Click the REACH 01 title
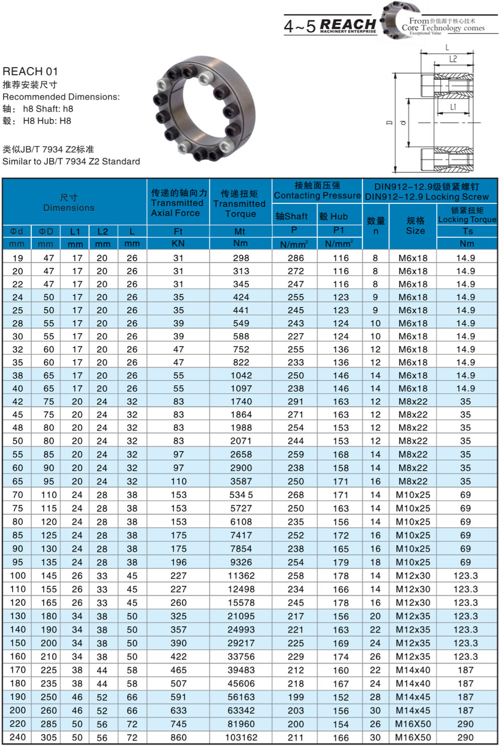(x=30, y=71)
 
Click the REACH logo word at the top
(x=348, y=24)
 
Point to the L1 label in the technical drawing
(x=453, y=106)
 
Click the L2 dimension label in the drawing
(x=453, y=59)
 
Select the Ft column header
(x=178, y=232)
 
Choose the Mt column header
(x=240, y=232)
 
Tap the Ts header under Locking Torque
(x=467, y=231)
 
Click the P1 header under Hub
(x=339, y=230)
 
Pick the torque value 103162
(x=241, y=737)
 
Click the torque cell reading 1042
(x=241, y=375)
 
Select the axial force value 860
(x=178, y=737)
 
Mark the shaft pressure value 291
(x=295, y=401)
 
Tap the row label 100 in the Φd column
(x=18, y=576)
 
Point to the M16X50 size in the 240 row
(x=413, y=737)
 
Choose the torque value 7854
(x=241, y=549)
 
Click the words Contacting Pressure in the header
(x=317, y=195)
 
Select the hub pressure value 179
(x=341, y=562)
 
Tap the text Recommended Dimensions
(x=61, y=97)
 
